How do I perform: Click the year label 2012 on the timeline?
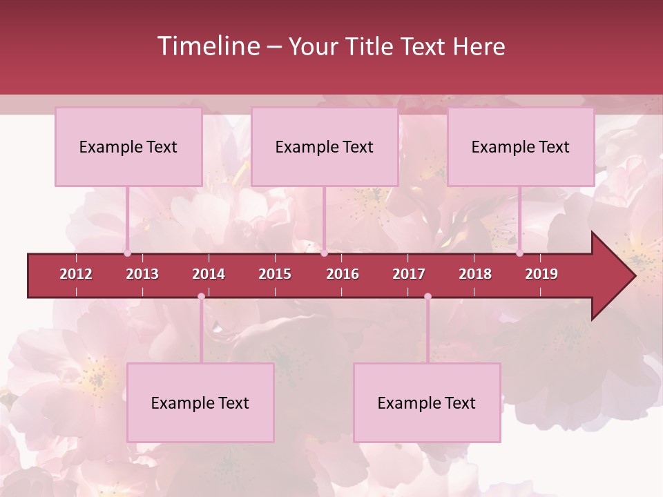[x=76, y=274]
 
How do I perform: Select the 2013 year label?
[x=142, y=274]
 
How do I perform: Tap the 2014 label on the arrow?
[x=209, y=274]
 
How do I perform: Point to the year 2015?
[x=275, y=274]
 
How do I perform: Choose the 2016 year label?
[x=343, y=274]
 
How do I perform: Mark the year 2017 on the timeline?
[x=409, y=274]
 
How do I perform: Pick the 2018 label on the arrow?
[x=475, y=274]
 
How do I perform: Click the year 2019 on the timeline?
[x=541, y=274]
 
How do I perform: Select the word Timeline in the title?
[x=206, y=46]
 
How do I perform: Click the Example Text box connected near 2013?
[x=128, y=146]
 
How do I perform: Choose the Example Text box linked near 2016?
[x=325, y=146]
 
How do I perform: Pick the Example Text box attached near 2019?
[x=521, y=146]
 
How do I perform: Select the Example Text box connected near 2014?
[x=200, y=402]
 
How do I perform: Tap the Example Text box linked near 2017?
[x=427, y=402]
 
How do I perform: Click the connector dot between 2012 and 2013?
[x=128, y=253]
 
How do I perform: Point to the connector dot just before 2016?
[x=324, y=253]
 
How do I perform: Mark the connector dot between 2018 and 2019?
[x=519, y=253]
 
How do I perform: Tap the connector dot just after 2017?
[x=427, y=297]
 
